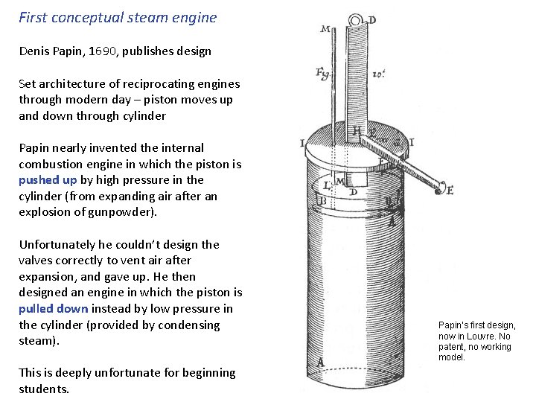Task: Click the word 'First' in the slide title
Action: [x=33, y=17]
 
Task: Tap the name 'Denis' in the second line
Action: [x=34, y=51]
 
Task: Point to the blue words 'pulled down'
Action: [x=54, y=308]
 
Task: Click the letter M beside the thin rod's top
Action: [x=325, y=30]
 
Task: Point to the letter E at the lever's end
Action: [x=449, y=190]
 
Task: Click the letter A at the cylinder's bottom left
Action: [x=322, y=363]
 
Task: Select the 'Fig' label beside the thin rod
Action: [x=323, y=73]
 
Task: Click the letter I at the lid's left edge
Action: [x=302, y=143]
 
